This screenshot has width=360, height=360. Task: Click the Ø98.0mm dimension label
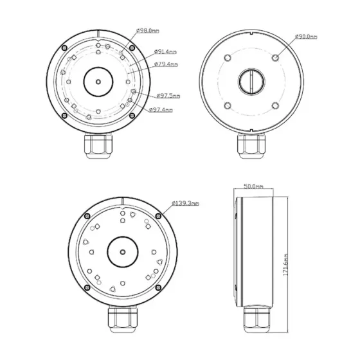(148, 30)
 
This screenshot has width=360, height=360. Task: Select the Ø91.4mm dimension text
(166, 52)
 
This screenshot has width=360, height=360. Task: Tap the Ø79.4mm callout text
(166, 64)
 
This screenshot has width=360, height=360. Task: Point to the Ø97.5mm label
(168, 96)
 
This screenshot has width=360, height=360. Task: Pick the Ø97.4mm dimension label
(161, 109)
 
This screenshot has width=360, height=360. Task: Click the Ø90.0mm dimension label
(306, 37)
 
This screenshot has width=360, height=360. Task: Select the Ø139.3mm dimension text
(186, 203)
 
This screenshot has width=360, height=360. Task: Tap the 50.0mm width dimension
(254, 186)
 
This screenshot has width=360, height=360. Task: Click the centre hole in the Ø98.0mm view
(97, 82)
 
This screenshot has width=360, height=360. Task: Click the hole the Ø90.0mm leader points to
(275, 57)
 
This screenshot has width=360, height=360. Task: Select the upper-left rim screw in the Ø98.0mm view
(64, 49)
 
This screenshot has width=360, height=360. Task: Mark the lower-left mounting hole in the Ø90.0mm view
(226, 106)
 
